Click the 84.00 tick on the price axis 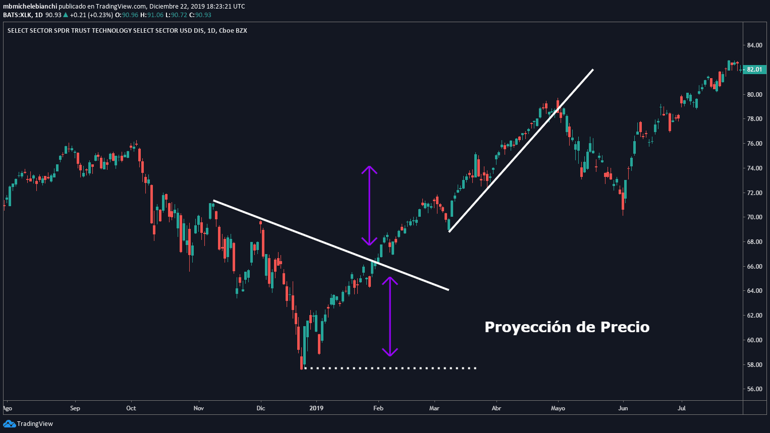754,45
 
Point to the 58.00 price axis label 754,364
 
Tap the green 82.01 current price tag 754,70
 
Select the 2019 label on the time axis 316,408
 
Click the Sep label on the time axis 75,408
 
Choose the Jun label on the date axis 623,408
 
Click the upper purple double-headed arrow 369,206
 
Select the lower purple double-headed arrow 390,317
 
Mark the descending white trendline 331,245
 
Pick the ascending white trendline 521,151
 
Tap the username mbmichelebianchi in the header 30,7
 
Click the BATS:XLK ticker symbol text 17,15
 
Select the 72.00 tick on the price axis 754,193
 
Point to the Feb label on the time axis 378,408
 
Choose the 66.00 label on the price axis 754,266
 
